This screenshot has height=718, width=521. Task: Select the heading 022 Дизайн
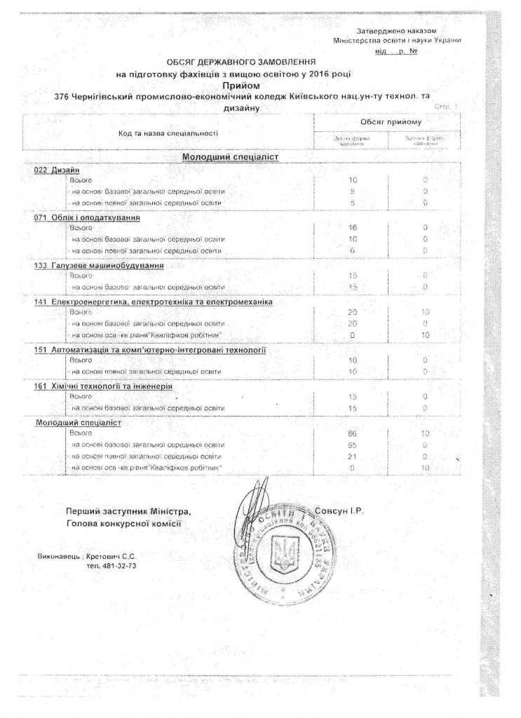[x=57, y=170]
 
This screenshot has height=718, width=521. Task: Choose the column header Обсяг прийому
[x=391, y=122]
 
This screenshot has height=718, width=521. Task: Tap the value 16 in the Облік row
[x=353, y=228]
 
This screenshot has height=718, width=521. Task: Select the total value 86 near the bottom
[x=353, y=435]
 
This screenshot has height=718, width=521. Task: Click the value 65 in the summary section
[x=353, y=445]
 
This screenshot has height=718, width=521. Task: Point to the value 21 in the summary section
[x=353, y=456]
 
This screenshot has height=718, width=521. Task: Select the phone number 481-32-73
[x=111, y=564]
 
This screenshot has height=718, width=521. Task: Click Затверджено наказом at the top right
[x=397, y=32]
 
